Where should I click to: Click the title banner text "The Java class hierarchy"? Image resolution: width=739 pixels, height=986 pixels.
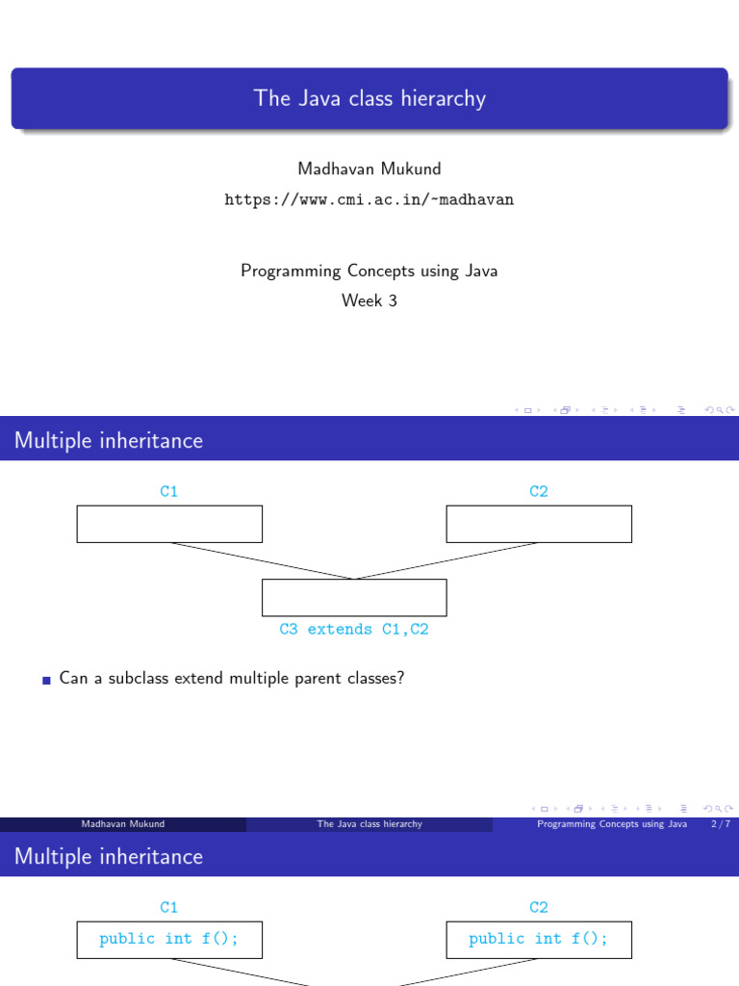tap(369, 98)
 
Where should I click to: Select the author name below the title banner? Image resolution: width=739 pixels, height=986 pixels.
tap(369, 169)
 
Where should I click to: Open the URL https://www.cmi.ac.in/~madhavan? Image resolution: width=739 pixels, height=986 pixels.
tap(369, 199)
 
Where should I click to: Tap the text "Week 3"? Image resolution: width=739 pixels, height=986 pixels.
tap(369, 300)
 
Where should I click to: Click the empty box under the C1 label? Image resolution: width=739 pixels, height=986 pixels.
tap(169, 524)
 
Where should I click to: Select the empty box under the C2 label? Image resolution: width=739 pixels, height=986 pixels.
tap(539, 524)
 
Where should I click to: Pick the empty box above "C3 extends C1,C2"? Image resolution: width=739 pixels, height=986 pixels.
tap(354, 597)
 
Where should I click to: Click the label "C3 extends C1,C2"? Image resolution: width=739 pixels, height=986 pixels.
tap(354, 629)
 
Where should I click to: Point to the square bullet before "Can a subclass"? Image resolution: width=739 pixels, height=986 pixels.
tap(46, 680)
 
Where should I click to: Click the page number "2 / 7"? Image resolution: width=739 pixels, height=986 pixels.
tap(718, 824)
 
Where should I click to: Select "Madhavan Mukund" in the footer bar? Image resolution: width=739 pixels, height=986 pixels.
tap(123, 824)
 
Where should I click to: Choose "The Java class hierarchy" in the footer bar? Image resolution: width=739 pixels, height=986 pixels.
tap(369, 824)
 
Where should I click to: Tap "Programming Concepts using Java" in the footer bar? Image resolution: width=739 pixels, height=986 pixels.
tap(612, 824)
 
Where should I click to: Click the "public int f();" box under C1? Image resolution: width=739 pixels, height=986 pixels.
tap(169, 939)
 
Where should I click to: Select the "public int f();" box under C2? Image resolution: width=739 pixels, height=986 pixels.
tap(539, 939)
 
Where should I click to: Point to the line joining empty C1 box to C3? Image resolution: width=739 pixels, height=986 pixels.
tap(262, 560)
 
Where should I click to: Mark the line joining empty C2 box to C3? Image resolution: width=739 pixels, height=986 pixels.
tap(447, 560)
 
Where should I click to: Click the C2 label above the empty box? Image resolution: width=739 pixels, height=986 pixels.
tap(539, 492)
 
